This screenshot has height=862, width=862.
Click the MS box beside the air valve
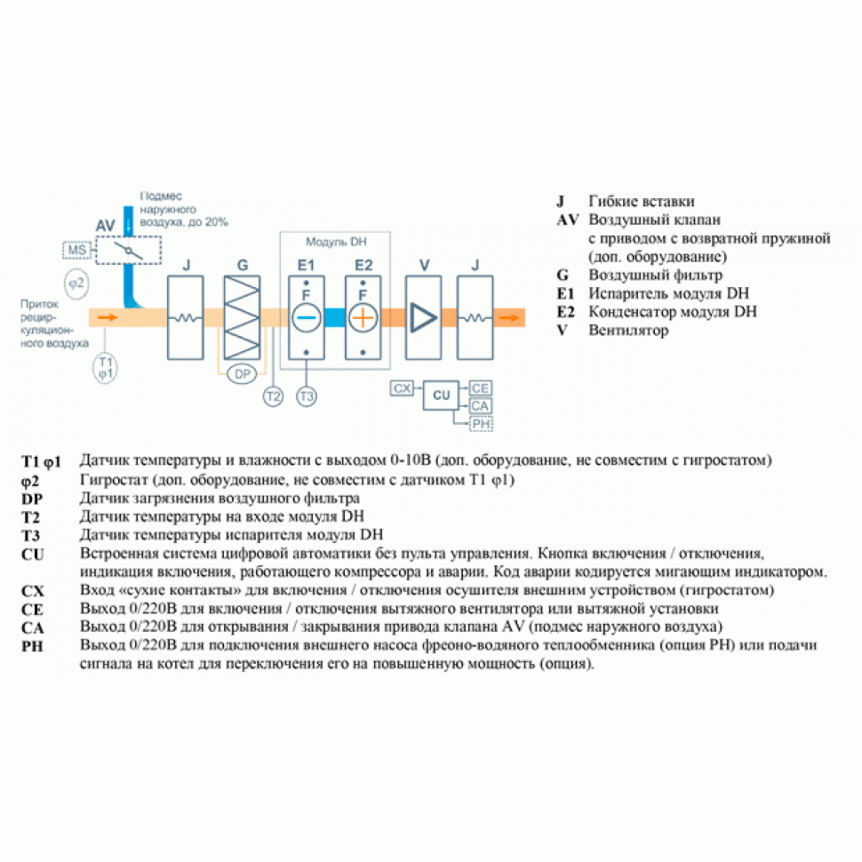[77, 251]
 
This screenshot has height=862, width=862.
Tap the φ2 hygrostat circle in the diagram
[77, 283]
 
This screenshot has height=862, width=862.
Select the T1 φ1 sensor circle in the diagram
[105, 367]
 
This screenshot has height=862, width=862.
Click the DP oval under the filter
[242, 374]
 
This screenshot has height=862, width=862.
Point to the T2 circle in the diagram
[273, 396]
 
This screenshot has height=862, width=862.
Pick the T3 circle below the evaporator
[307, 396]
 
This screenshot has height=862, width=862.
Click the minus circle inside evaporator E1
[306, 316]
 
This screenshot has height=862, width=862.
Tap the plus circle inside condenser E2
[363, 316]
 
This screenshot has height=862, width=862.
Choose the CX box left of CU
[403, 388]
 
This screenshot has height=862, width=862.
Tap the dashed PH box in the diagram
[481, 424]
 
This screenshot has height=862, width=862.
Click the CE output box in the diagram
[481, 388]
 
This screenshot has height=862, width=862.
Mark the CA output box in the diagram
[481, 406]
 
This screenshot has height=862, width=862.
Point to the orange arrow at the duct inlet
[107, 316]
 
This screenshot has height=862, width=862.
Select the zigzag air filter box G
[242, 316]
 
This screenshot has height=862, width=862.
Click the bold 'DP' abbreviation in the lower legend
[32, 498]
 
